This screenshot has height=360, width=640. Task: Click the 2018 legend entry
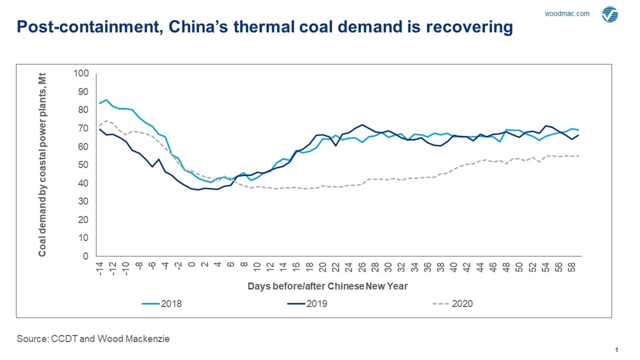click(162, 304)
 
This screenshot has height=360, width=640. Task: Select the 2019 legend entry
click(308, 304)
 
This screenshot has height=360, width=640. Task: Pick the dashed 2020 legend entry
click(453, 304)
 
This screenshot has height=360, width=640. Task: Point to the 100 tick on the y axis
click(81, 73)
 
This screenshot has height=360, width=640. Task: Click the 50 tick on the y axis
click(83, 165)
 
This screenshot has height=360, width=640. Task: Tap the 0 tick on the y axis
click(85, 256)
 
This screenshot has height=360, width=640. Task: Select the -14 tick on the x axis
click(99, 269)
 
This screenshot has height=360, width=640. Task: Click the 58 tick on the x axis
click(572, 268)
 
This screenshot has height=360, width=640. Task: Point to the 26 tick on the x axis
click(362, 268)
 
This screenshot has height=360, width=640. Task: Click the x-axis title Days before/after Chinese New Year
click(327, 286)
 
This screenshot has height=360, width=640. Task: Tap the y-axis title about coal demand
click(42, 164)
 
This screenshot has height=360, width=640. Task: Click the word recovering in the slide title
click(469, 27)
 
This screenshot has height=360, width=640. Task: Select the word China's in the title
click(198, 27)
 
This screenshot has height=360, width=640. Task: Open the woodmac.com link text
click(567, 14)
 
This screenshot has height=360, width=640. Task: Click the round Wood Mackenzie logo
click(610, 15)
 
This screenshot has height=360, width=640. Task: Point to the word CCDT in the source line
click(64, 339)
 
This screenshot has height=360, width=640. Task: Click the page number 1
click(617, 350)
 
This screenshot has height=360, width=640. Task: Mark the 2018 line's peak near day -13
click(106, 100)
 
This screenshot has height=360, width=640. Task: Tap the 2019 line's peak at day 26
click(362, 125)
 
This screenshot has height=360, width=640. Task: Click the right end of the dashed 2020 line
click(578, 156)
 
